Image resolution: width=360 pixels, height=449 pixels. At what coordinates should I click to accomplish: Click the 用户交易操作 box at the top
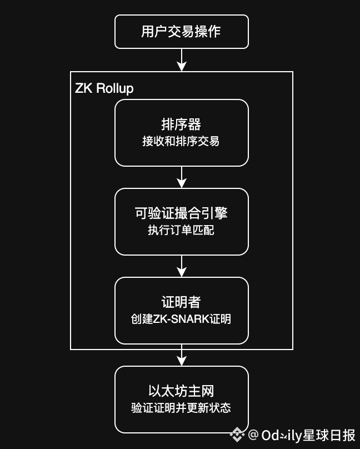coord(181,32)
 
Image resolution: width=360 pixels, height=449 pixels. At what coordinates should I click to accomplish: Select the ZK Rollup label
coord(104,88)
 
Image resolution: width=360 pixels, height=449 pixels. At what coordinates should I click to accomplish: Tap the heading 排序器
coord(181,124)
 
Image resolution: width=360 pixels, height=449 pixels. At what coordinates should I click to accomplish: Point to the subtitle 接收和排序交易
coord(181,141)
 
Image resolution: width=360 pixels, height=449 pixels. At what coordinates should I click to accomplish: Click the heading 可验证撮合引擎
coord(181,213)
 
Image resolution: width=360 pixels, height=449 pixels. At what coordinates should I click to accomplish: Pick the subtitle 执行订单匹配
coord(181,230)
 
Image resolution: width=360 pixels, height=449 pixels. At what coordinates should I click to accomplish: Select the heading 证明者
coord(181,302)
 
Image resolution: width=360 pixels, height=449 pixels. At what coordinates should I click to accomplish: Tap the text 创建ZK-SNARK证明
coord(181,319)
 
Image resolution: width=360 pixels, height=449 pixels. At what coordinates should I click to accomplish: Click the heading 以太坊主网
coord(181,391)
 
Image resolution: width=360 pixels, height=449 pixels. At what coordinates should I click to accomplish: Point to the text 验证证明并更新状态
coord(181,408)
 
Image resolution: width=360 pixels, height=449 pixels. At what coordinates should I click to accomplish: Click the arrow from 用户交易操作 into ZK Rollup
coord(181,60)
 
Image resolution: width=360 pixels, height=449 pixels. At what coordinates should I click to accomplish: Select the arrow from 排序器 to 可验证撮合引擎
coord(181,177)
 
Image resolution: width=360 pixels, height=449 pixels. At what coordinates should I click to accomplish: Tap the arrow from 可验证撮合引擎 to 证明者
coord(181,266)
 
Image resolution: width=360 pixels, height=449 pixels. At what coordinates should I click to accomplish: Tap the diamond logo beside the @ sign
coord(238,435)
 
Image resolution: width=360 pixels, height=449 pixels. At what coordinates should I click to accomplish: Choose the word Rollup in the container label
coord(115,88)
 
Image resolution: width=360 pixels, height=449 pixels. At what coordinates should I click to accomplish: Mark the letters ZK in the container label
coord(84,88)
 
